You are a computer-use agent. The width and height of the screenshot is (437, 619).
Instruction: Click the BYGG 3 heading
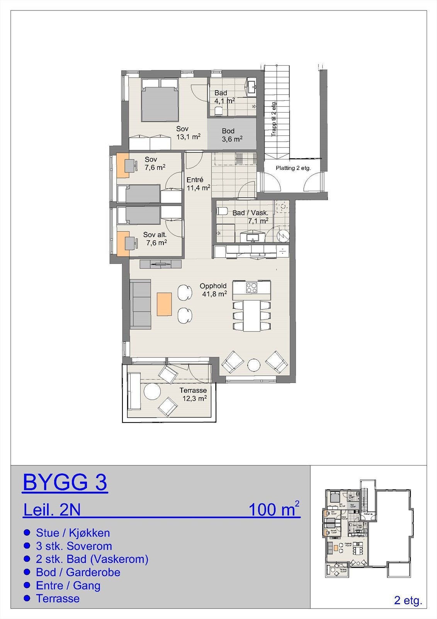[x=65, y=482]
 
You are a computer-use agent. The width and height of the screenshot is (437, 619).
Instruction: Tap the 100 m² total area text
[x=274, y=510]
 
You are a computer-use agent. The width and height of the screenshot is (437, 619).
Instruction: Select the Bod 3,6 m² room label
[x=232, y=135]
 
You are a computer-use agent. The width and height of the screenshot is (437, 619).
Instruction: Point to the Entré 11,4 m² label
[x=198, y=184]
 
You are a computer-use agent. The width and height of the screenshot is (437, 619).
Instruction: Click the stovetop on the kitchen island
[x=252, y=287]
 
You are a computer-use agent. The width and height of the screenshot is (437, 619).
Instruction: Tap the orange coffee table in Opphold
[x=164, y=304]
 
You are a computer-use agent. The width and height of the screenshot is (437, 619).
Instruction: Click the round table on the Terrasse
[x=152, y=392]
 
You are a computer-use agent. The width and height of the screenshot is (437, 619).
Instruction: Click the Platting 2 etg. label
[x=293, y=168]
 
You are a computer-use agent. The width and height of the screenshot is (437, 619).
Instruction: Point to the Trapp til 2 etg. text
[x=274, y=119]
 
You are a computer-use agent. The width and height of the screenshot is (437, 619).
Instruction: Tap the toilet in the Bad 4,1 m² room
[x=218, y=111]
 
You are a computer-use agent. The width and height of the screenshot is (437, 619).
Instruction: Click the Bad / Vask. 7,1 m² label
[x=251, y=217]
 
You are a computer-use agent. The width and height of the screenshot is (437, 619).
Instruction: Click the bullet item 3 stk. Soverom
[x=73, y=546]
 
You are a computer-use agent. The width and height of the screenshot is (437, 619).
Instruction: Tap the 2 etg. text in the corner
[x=408, y=601]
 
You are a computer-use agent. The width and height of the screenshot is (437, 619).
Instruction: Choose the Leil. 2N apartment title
[x=52, y=510]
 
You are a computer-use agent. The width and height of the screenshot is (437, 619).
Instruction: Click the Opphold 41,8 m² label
[x=213, y=290]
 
